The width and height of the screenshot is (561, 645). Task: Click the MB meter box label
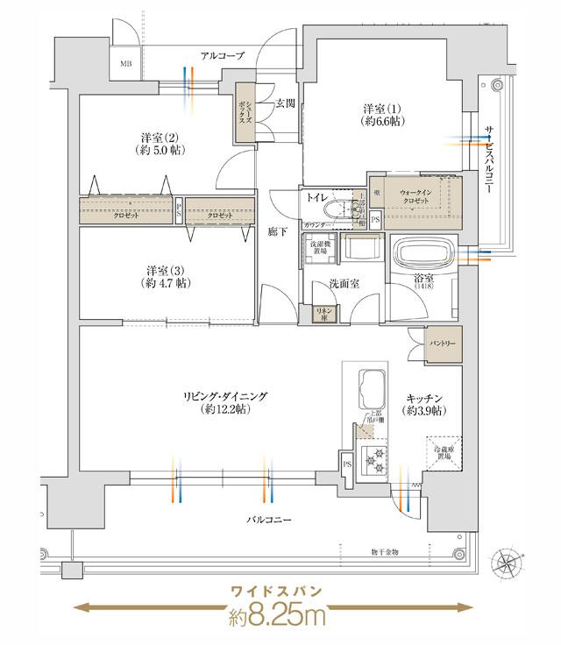pyautogui.click(x=127, y=64)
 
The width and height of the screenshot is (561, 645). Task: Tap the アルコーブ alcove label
pyautogui.click(x=222, y=56)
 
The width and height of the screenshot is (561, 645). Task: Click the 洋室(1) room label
pyautogui.click(x=383, y=115)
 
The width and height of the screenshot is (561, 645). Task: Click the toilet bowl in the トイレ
pyautogui.click(x=336, y=211)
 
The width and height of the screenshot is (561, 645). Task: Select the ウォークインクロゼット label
pyautogui.click(x=415, y=195)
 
